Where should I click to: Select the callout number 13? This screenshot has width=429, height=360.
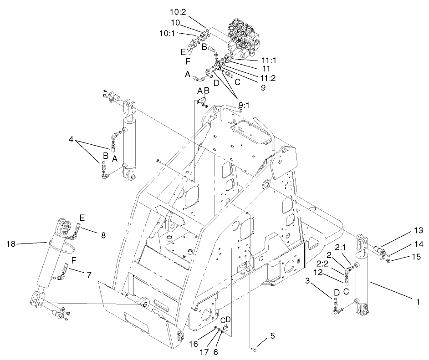[419, 229]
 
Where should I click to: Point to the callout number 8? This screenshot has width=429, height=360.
[103, 235]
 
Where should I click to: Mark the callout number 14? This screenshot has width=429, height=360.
[419, 244]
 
